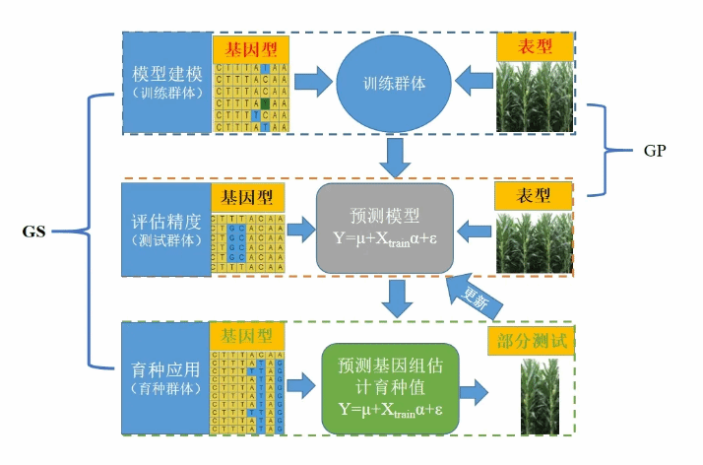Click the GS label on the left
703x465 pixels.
36,232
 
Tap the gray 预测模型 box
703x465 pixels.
384,229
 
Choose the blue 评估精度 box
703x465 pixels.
165,229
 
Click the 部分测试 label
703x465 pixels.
531,340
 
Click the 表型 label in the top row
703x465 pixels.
534,46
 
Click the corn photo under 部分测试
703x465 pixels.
539,395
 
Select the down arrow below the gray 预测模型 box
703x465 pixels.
397,299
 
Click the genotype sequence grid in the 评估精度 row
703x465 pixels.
247,243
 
